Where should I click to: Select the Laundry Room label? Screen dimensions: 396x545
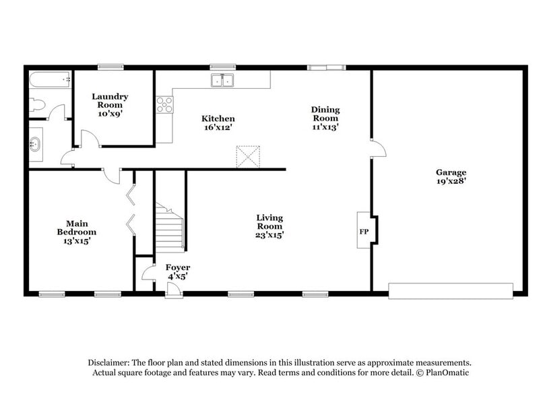pyautogui.click(x=110, y=101)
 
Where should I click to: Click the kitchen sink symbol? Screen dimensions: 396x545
pyautogui.click(x=222, y=81)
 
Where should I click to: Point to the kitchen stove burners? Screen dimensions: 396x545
pyautogui.click(x=164, y=104)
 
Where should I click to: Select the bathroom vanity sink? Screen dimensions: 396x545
pyautogui.click(x=36, y=143)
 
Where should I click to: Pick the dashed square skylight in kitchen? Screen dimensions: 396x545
pyautogui.click(x=248, y=156)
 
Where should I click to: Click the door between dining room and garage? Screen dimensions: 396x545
pyautogui.click(x=377, y=148)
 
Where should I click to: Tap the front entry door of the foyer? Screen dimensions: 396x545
pyautogui.click(x=173, y=288)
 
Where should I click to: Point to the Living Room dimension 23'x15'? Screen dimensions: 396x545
pyautogui.click(x=269, y=235)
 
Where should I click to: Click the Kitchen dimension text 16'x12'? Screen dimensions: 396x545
pyautogui.click(x=218, y=128)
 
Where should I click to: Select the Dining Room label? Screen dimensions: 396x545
pyautogui.click(x=325, y=114)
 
